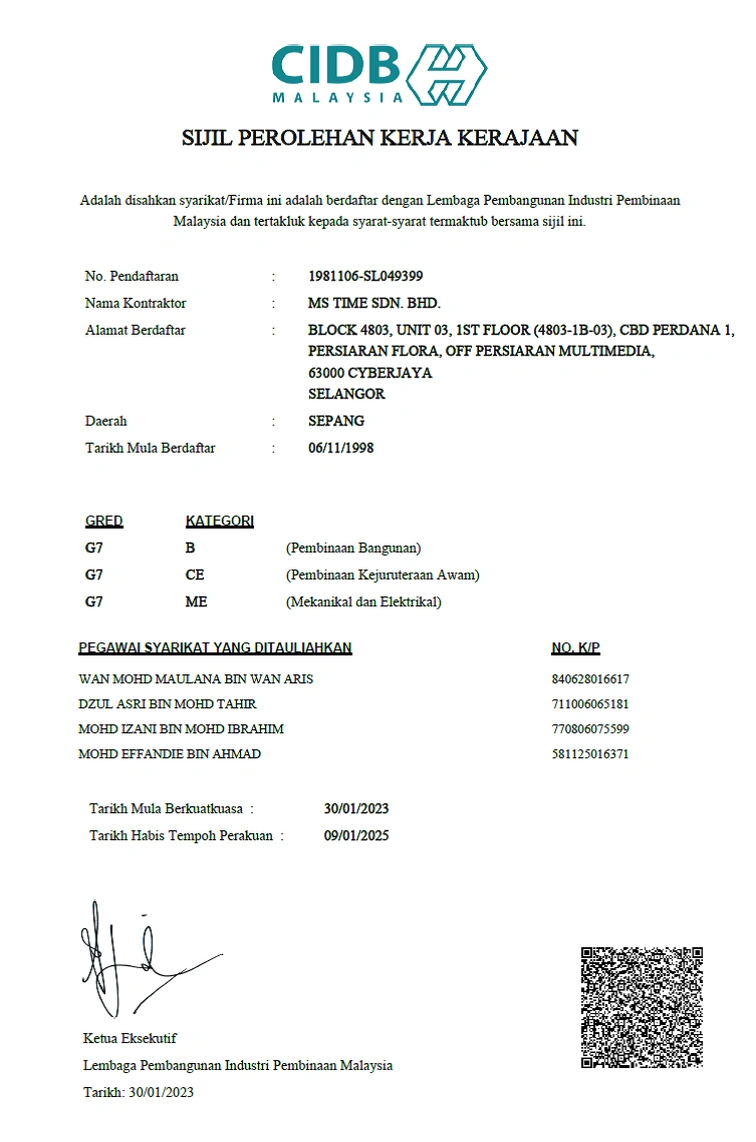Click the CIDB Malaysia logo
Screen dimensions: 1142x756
click(379, 74)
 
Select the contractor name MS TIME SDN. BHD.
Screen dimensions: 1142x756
click(374, 303)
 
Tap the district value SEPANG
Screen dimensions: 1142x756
click(336, 421)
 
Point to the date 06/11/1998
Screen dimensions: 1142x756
click(341, 448)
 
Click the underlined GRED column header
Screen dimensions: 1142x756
click(104, 521)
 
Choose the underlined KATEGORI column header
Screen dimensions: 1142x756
click(219, 521)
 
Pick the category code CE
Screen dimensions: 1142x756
click(195, 574)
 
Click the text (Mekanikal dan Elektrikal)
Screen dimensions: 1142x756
click(363, 601)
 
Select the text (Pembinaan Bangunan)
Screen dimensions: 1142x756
click(353, 548)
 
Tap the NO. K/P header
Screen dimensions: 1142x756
click(575, 648)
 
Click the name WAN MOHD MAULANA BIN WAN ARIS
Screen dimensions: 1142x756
click(196, 679)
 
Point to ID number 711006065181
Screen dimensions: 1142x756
click(590, 703)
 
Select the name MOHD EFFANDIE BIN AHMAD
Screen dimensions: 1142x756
click(170, 753)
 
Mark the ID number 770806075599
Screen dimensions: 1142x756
click(590, 728)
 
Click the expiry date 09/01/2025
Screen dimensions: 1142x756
click(356, 835)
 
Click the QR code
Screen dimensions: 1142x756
click(642, 1007)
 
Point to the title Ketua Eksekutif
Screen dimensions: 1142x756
click(130, 1038)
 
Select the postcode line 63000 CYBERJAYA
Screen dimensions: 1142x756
click(370, 373)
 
